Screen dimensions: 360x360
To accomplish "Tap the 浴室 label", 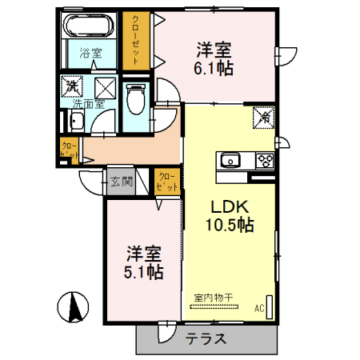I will [90, 54].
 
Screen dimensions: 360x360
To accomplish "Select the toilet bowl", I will [136, 99].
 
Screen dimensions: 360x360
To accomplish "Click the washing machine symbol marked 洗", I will [73, 86].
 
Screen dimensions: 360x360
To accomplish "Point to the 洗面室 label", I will [89, 103].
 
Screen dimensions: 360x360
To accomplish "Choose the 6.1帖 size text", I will [214, 69].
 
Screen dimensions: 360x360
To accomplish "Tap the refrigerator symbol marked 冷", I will [263, 116].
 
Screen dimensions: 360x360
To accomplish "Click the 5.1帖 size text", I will [144, 273].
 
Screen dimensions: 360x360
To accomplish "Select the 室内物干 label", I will [213, 298].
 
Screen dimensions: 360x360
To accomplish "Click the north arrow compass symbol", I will [74, 307].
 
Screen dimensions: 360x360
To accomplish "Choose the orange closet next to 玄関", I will [166, 182].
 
